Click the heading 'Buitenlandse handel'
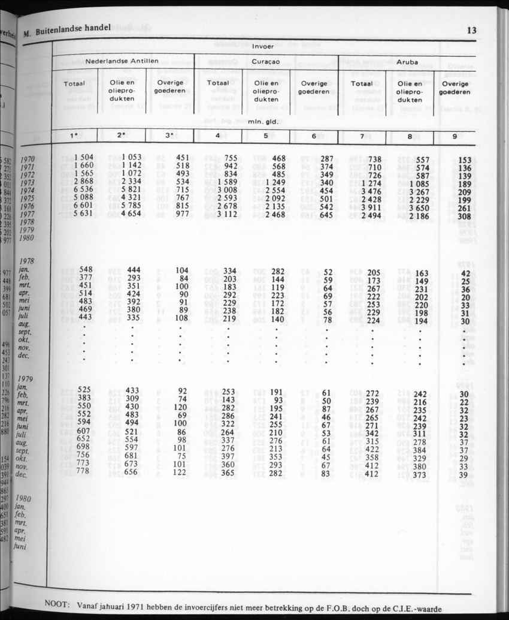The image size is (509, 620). point(72,33)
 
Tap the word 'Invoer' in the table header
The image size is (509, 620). point(263,46)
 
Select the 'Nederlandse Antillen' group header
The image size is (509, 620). point(122,61)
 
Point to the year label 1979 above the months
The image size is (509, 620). point(25,379)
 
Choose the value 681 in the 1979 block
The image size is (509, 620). point(132,454)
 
